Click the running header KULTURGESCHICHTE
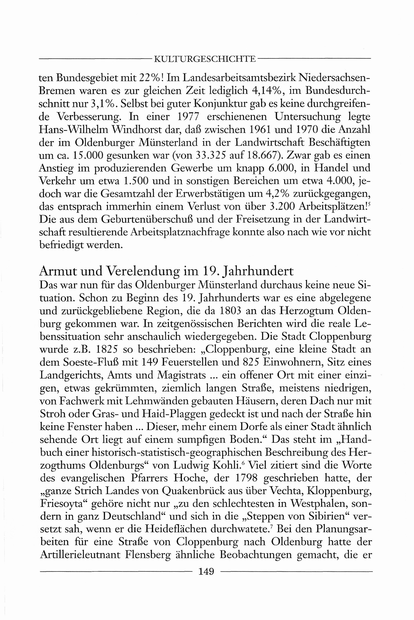point(205,59)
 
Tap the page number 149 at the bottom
point(206,571)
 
